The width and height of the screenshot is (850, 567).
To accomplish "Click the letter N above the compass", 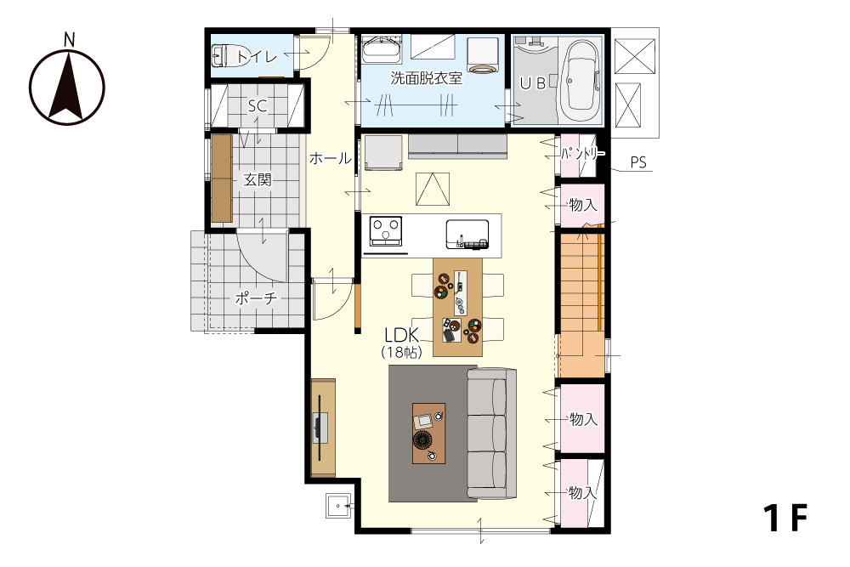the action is point(69,40).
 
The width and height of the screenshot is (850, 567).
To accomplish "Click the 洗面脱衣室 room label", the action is point(426,78).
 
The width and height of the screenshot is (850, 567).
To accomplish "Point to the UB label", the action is point(532,83).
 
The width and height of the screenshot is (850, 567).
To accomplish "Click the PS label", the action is point(638,162).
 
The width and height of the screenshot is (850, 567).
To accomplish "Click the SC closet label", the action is point(258,105).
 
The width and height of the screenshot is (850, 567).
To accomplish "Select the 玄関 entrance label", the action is point(257,179).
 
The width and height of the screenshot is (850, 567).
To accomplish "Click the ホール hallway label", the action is point(330,158).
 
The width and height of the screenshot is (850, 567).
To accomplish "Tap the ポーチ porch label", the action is point(255,298).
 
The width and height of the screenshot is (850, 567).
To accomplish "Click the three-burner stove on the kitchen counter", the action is point(386,231).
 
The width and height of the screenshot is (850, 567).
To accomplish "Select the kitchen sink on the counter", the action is point(467,235).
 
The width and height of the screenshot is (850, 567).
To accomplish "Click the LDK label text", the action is point(402,334).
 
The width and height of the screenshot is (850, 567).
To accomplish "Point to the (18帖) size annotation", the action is point(402,352).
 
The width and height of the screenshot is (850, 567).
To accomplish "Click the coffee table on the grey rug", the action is point(428,433).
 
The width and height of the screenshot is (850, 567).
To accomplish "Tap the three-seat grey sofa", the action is point(491,434).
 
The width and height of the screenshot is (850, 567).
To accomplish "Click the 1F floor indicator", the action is point(785,518).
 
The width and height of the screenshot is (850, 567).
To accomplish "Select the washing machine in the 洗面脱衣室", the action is point(483,55).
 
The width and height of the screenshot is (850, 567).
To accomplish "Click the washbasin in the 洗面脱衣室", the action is point(382,50).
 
